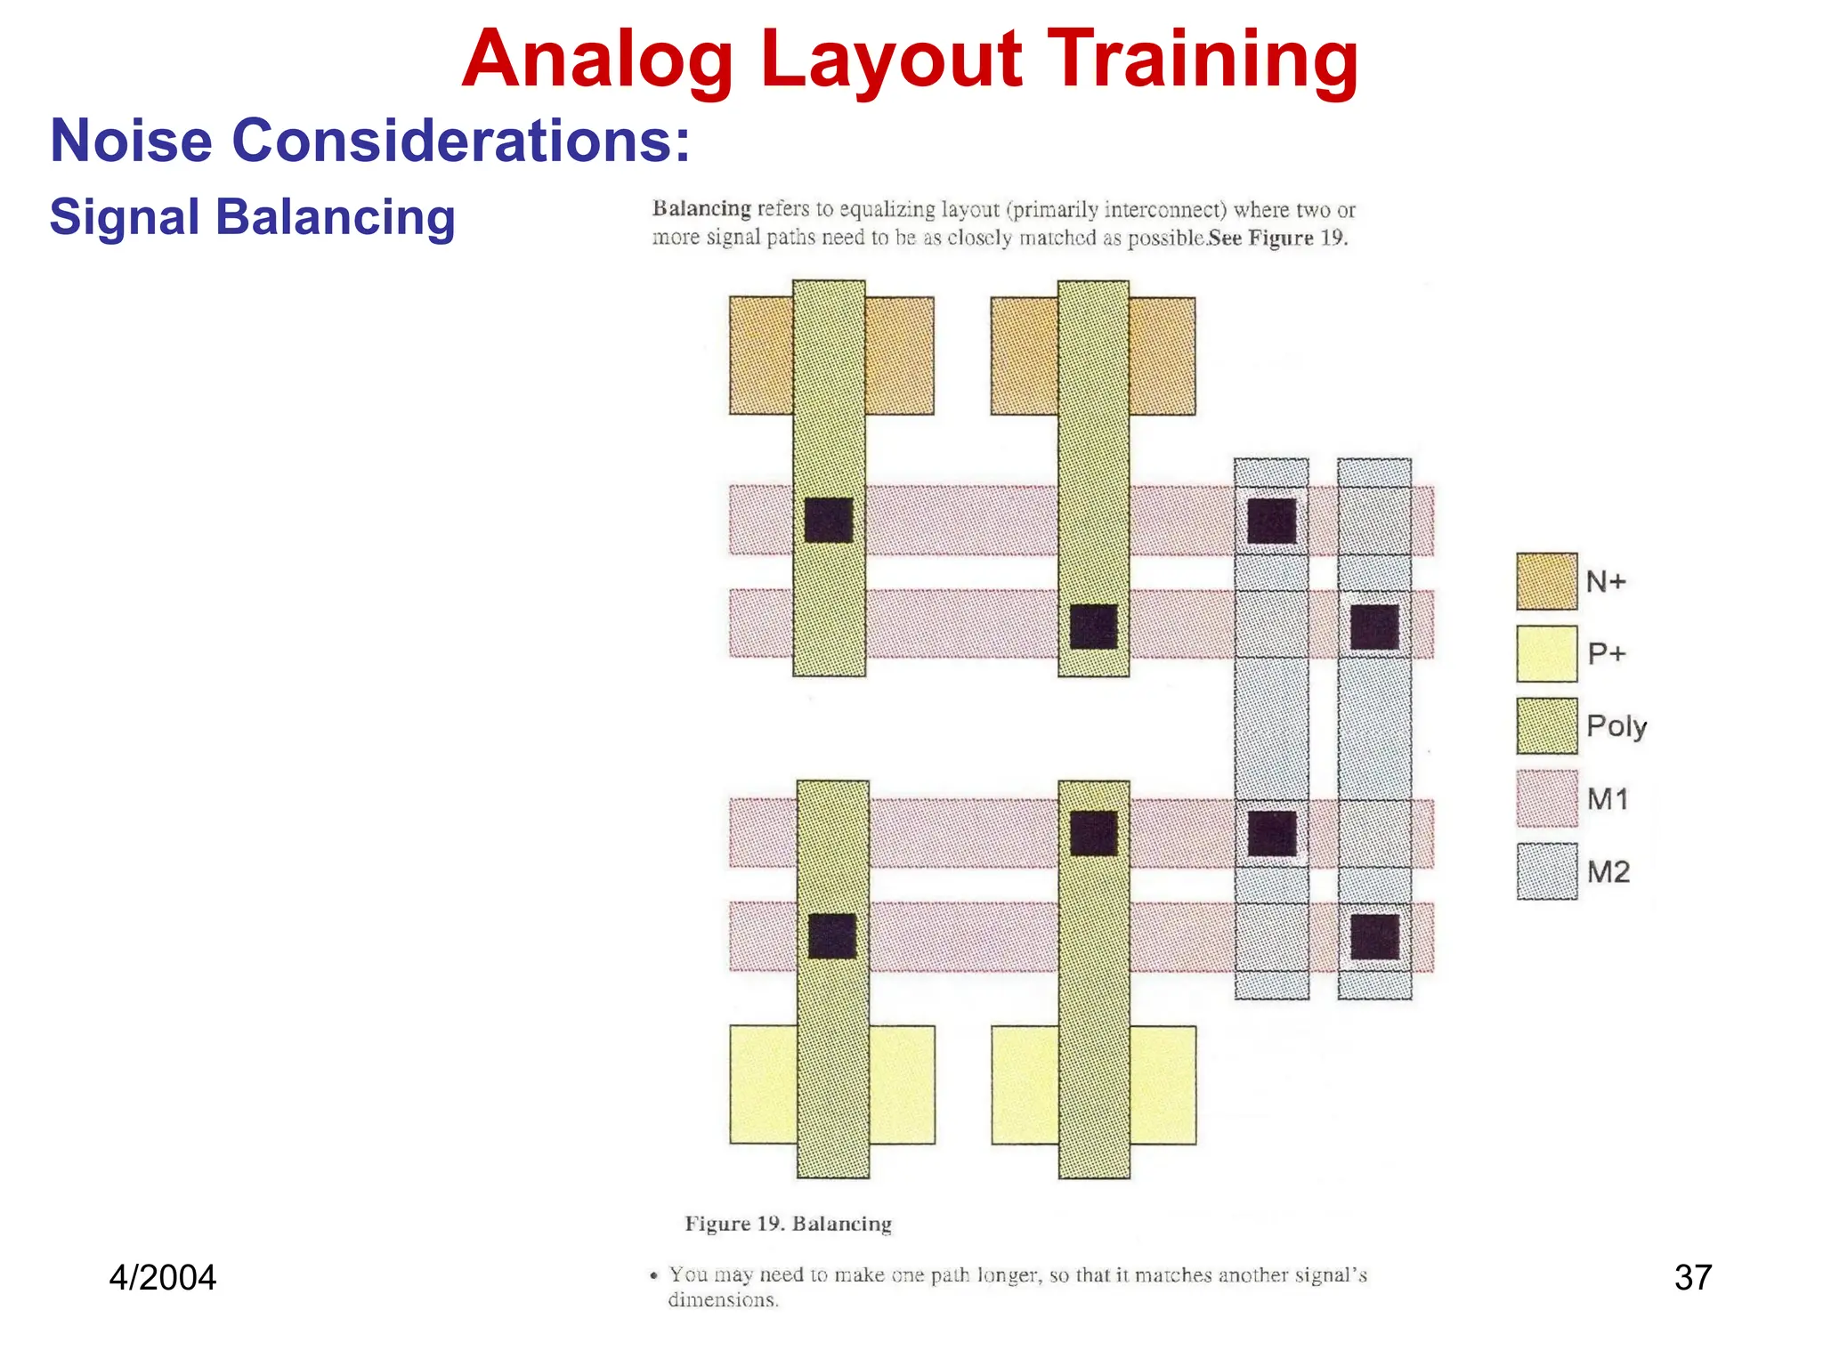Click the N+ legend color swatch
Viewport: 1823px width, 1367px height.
tap(1546, 581)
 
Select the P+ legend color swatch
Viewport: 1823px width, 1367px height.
tap(1546, 653)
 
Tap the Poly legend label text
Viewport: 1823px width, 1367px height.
tap(1616, 726)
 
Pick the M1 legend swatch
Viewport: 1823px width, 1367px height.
tap(1546, 798)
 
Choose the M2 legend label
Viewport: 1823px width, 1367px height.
tap(1608, 871)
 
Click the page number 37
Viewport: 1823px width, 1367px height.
tap(1692, 1277)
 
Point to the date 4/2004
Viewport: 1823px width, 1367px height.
tap(162, 1277)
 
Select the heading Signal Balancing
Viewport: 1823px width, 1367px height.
tap(252, 217)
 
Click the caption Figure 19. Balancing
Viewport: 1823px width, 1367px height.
tap(788, 1224)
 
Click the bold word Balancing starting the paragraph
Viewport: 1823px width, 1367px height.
tap(701, 209)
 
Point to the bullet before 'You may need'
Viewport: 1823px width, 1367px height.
tap(654, 1276)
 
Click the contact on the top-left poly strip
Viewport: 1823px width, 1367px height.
tap(829, 521)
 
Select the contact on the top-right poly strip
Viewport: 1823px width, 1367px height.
tap(1093, 627)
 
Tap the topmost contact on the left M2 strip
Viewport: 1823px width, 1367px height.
tap(1271, 521)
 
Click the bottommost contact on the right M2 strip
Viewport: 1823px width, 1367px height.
tap(1374, 937)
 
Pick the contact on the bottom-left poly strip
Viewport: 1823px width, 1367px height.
tap(832, 936)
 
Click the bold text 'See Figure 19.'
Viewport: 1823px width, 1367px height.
tap(1278, 239)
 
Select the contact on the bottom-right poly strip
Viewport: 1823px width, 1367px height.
tap(1093, 833)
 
